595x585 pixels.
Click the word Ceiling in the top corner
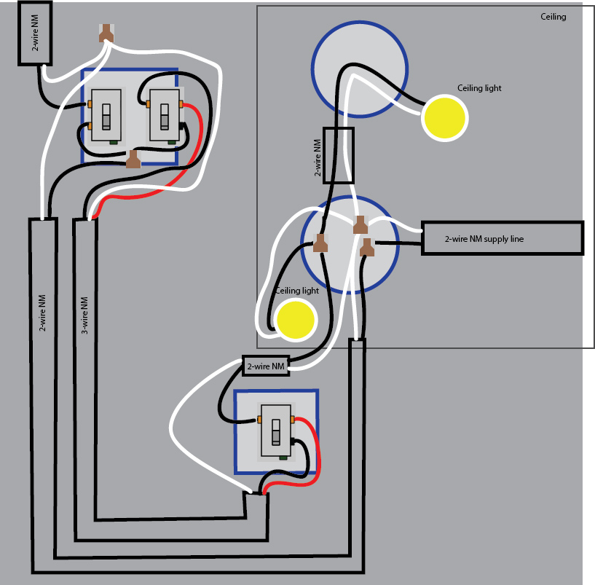(553, 17)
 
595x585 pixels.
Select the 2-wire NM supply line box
(503, 238)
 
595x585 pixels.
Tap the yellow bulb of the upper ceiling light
(445, 118)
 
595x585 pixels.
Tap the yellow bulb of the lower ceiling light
(296, 319)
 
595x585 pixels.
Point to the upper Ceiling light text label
(479, 88)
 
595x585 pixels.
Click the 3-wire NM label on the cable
(84, 315)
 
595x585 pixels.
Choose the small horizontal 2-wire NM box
(266, 366)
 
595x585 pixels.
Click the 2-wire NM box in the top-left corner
(34, 33)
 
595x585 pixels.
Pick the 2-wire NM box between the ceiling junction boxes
(339, 156)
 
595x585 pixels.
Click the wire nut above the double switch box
(106, 34)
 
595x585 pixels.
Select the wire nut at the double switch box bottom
(133, 159)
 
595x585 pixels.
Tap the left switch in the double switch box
(106, 115)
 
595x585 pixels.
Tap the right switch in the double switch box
(165, 115)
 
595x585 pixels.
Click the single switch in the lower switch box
(276, 431)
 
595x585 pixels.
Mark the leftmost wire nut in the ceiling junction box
(320, 243)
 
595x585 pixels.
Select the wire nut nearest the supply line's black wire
(366, 247)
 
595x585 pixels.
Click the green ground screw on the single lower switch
(283, 458)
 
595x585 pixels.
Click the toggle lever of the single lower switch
(276, 432)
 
